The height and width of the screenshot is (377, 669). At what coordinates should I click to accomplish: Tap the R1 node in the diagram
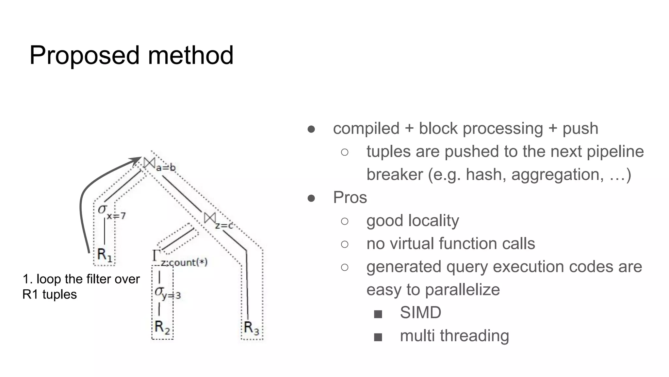click(105, 255)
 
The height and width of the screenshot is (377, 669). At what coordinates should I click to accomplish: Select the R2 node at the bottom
click(162, 327)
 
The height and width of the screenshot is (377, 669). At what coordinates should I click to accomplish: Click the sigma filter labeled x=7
click(103, 209)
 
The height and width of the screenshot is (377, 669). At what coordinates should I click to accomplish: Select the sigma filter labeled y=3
click(160, 291)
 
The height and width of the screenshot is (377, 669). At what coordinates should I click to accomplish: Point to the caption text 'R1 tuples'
click(49, 294)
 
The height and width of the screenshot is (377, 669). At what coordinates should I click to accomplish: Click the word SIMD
click(420, 313)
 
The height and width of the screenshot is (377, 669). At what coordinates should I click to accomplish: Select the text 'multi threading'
click(454, 336)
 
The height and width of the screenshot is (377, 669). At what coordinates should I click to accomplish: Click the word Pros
click(350, 197)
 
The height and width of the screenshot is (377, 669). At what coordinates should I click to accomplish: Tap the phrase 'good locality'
click(413, 221)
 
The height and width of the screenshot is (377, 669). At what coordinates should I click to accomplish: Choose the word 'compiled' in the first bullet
click(366, 128)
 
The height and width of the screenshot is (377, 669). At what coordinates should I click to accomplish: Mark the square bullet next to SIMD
click(378, 314)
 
